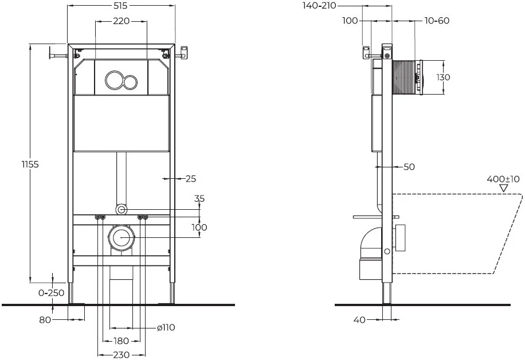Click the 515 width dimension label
[x=121, y=5]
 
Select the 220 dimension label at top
[x=121, y=21]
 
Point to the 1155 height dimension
[x=17, y=165]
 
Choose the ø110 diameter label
[x=166, y=328]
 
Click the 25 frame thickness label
[x=191, y=178]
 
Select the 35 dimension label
[x=199, y=199]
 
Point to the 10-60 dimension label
[x=437, y=21]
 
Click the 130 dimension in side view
[x=443, y=77]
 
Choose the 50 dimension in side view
[x=409, y=167]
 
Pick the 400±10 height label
[x=503, y=179]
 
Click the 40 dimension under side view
[x=359, y=320]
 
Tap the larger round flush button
[x=114, y=81]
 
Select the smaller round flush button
[x=131, y=81]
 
